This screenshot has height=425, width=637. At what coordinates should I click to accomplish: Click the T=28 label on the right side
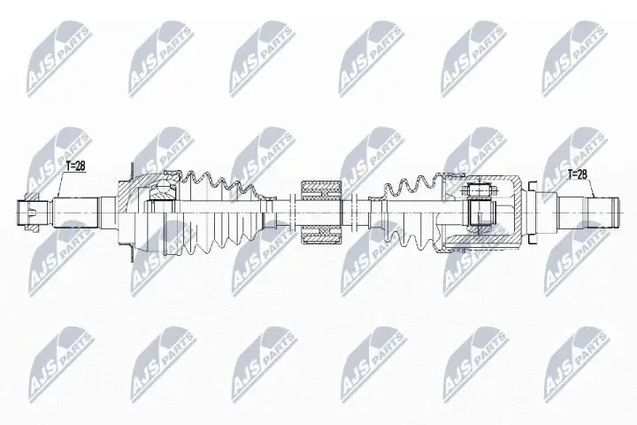click(x=579, y=174)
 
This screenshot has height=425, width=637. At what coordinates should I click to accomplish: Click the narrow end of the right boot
click(x=382, y=210)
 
